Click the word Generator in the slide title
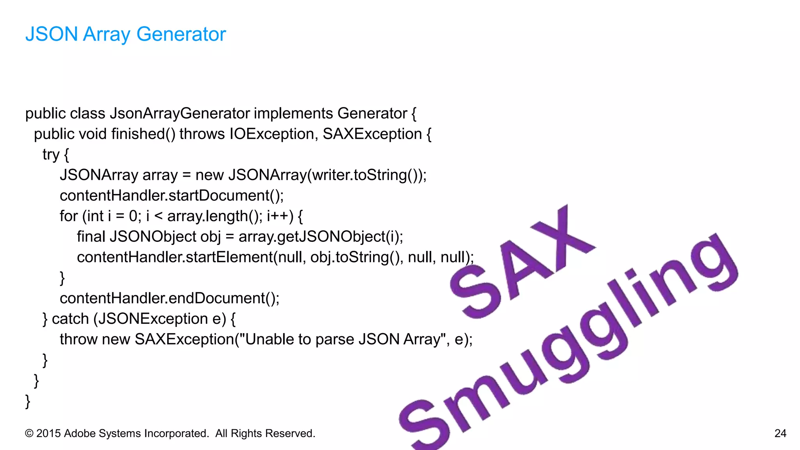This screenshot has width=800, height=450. click(181, 34)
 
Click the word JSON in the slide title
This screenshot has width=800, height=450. click(52, 34)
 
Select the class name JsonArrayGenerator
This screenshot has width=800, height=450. click(180, 114)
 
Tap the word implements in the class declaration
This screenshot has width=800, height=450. click(293, 114)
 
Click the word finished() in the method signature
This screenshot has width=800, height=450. click(143, 134)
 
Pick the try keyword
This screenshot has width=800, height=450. click(51, 155)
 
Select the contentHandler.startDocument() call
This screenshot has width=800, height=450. click(171, 196)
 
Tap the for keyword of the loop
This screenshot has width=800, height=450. click(69, 216)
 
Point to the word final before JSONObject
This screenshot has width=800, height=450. click(91, 237)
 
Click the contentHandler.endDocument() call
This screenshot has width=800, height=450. click(169, 298)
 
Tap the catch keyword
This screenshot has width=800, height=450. click(70, 319)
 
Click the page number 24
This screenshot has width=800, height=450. click(780, 433)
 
